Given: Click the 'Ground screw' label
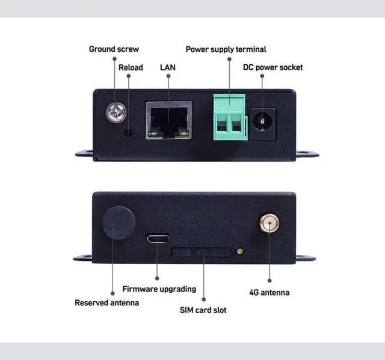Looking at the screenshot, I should click(114, 49).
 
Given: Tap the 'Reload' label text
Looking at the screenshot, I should click(131, 67).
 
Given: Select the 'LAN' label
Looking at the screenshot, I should click(168, 67).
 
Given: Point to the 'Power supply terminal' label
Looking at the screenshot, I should click(226, 49).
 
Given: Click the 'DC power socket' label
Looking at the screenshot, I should click(273, 67).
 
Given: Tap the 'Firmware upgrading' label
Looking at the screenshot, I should click(159, 289).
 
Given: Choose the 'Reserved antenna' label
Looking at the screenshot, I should click(106, 303).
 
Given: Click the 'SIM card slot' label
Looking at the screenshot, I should click(203, 311).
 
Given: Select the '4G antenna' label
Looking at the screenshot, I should click(269, 293).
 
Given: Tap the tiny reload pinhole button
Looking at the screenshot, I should click(128, 131).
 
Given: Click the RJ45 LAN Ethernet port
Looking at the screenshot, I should click(168, 120).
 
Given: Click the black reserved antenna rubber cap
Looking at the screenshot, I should click(119, 223).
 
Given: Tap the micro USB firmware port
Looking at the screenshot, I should click(157, 239).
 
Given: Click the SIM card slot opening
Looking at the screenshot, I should click(201, 252).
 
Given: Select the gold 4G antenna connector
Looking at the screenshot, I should click(268, 225).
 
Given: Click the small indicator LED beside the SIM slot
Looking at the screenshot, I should click(240, 251).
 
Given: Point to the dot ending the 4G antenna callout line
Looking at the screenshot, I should click(269, 280).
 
